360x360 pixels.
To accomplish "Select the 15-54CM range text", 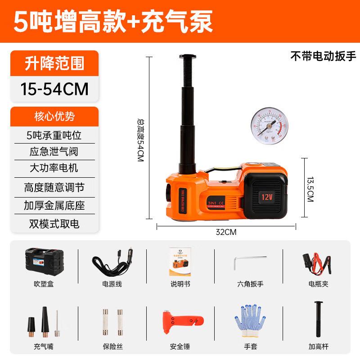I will click(x=54, y=88).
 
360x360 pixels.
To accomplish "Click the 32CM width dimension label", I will click(x=226, y=232).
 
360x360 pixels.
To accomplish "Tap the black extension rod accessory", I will click(x=319, y=319).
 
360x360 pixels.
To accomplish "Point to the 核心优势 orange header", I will click(x=54, y=117).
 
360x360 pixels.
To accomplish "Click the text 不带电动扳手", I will click(x=323, y=57).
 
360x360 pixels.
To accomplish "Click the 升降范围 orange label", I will click(x=54, y=63).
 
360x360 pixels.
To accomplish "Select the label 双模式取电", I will click(x=54, y=223).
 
